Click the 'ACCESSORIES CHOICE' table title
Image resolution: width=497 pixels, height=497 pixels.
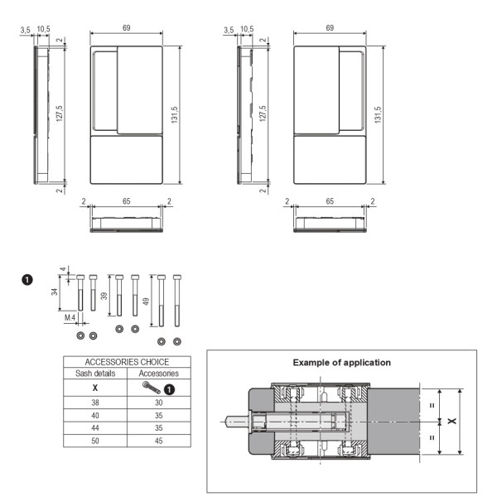(x=127, y=362)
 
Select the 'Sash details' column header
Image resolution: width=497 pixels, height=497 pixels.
(x=95, y=374)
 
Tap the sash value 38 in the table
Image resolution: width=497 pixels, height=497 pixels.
(x=95, y=403)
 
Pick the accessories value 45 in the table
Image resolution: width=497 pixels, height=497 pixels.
(x=159, y=441)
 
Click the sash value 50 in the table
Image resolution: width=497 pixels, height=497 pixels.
(x=95, y=441)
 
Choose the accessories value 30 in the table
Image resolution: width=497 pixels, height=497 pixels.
(x=159, y=403)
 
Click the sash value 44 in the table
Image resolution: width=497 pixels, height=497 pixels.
(x=95, y=428)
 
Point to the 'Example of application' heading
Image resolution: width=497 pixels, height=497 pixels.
(x=341, y=363)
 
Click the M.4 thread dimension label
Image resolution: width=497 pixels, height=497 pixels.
(x=70, y=317)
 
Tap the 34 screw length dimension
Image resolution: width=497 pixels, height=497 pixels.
(x=55, y=292)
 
